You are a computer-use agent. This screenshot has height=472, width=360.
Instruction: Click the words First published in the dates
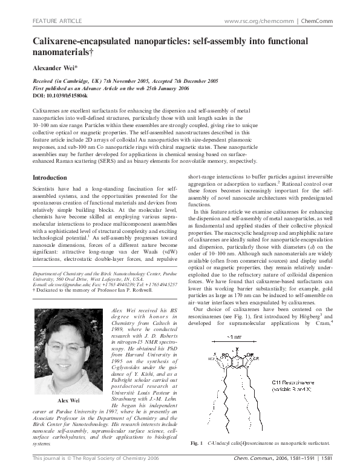pos(50,88)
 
